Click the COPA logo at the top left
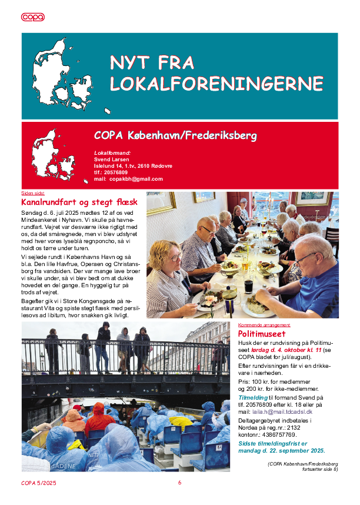pyautogui.click(x=33, y=17)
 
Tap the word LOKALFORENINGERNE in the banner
pyautogui.click(x=216, y=84)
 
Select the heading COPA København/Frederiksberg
pyautogui.click(x=175, y=136)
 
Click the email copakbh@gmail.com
pyautogui.click(x=136, y=179)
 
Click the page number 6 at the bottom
pyautogui.click(x=180, y=483)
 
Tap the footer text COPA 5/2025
pyautogui.click(x=39, y=483)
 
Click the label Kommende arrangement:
pyautogui.click(x=264, y=325)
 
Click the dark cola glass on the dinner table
pyautogui.click(x=248, y=286)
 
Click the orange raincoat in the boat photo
pyautogui.click(x=99, y=418)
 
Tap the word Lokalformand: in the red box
pyautogui.click(x=112, y=153)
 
